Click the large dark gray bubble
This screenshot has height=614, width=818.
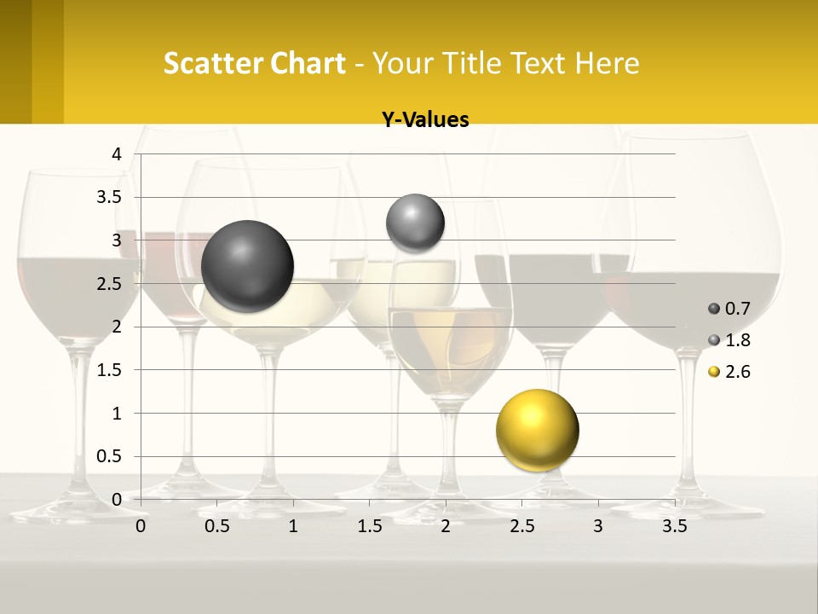click(248, 266)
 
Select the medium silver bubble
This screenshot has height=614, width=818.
click(415, 223)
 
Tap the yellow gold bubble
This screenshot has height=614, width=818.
click(537, 430)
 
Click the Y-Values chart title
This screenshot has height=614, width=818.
click(424, 120)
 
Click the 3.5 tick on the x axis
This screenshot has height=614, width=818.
click(674, 526)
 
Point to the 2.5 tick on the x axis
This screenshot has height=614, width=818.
click(521, 526)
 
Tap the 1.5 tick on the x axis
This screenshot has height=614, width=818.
click(369, 526)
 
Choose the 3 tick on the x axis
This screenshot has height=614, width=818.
click(597, 526)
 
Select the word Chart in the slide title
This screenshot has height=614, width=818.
click(308, 63)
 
